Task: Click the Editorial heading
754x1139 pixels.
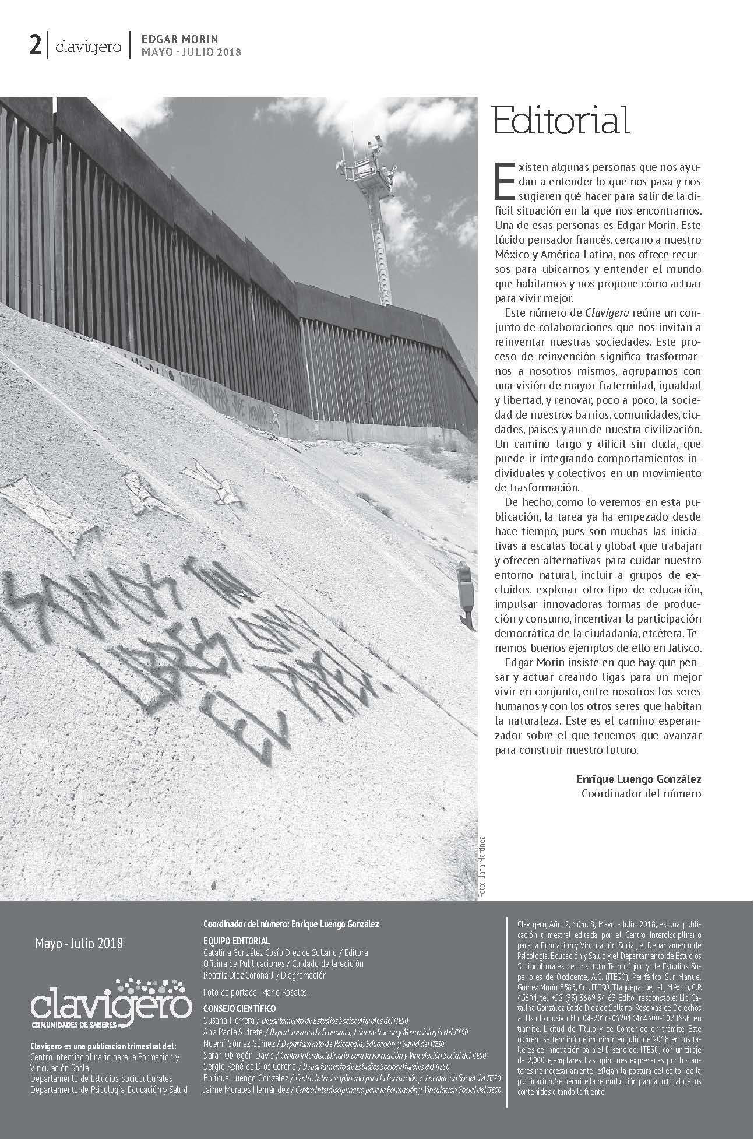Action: click(x=561, y=121)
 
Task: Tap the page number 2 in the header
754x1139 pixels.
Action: click(x=36, y=45)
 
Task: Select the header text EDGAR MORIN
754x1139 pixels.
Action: click(x=179, y=40)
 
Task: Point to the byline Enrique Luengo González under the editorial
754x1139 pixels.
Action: click(x=638, y=779)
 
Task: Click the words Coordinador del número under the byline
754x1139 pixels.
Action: click(x=641, y=793)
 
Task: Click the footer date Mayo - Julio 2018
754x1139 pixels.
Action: click(x=79, y=943)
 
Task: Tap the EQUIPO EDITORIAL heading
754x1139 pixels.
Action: click(x=236, y=941)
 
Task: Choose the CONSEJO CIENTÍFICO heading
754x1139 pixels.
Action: click(x=239, y=1008)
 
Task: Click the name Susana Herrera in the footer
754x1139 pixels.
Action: click(x=228, y=1020)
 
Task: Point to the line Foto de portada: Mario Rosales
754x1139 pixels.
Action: click(x=256, y=992)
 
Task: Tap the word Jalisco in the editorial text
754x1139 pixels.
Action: click(x=682, y=648)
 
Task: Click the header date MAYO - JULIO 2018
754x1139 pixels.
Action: click(x=191, y=52)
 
